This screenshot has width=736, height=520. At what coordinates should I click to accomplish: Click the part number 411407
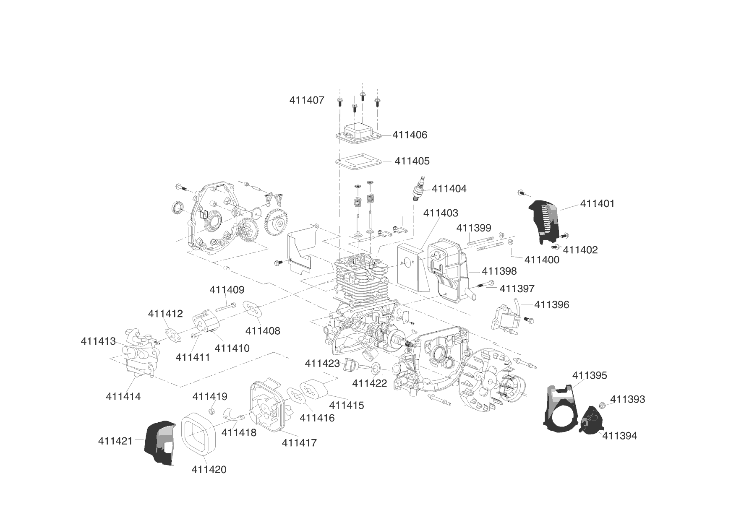coord(307,100)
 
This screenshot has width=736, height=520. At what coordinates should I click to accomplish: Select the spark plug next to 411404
coord(418,191)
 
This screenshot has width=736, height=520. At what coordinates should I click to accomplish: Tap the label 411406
coord(410,135)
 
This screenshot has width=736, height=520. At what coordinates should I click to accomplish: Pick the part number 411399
coord(474,228)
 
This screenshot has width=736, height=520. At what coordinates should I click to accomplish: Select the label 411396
coord(551,304)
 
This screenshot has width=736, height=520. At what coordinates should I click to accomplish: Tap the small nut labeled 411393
coord(601,405)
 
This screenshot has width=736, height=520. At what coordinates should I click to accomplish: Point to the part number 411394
coord(619,436)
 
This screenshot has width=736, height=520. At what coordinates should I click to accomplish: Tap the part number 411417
coord(299,442)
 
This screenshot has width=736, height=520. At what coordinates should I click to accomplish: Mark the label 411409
coord(227,289)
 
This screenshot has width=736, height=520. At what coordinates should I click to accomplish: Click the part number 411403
coord(441,213)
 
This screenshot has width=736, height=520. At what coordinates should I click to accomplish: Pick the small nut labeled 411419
coord(212,410)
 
